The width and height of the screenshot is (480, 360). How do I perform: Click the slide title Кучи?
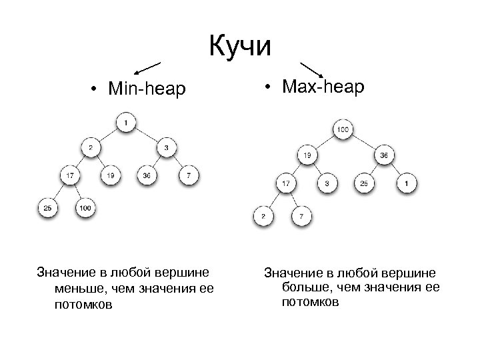pos(240,46)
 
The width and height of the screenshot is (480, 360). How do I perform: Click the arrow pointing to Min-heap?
pos(147,67)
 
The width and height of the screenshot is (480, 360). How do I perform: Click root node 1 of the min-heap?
pos(125,123)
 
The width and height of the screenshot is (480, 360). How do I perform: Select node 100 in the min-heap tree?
pos(85,209)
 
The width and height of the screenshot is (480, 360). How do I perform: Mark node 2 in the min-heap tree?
pos(91,147)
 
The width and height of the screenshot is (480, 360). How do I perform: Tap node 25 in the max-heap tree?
pos(364,182)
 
